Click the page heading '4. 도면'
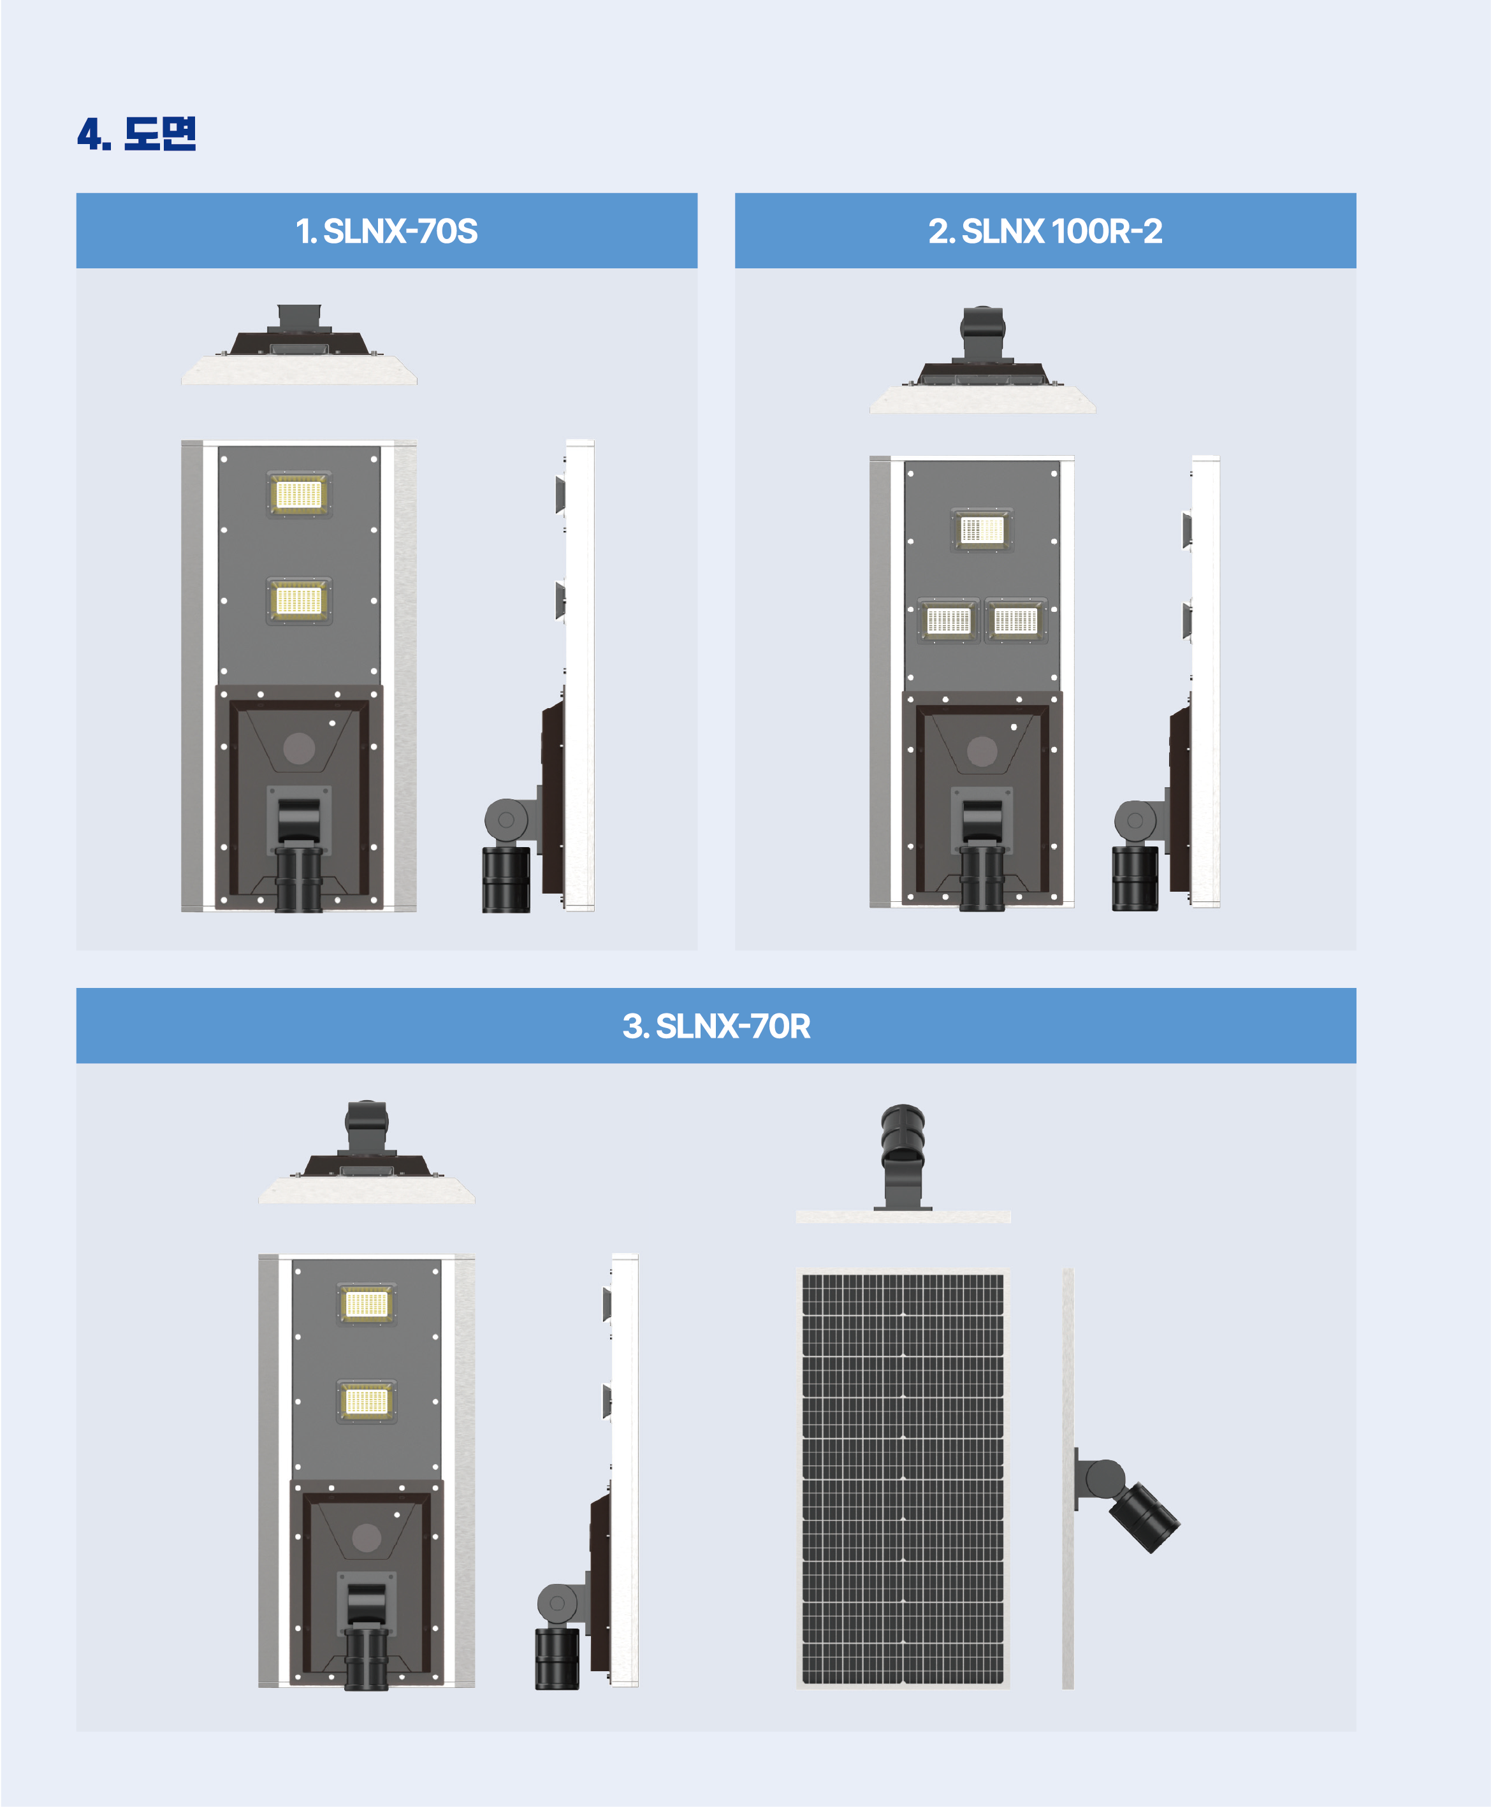(136, 134)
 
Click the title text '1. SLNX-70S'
(386, 231)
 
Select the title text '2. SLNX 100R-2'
(1045, 231)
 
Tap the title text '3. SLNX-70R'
(716, 1026)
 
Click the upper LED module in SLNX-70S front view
(299, 494)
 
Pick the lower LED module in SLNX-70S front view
(299, 600)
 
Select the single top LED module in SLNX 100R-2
(982, 530)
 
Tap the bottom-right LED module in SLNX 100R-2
(1016, 620)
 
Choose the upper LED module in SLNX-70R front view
(367, 1305)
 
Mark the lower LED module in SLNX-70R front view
(367, 1402)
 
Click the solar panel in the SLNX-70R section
(903, 1478)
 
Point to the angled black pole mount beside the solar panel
(1143, 1517)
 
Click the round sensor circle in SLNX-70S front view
(299, 748)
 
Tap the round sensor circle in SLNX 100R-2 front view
(982, 751)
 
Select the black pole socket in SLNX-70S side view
(506, 880)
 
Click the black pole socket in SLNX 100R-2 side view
(1135, 878)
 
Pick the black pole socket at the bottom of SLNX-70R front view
(367, 1658)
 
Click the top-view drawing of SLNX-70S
(299, 344)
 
